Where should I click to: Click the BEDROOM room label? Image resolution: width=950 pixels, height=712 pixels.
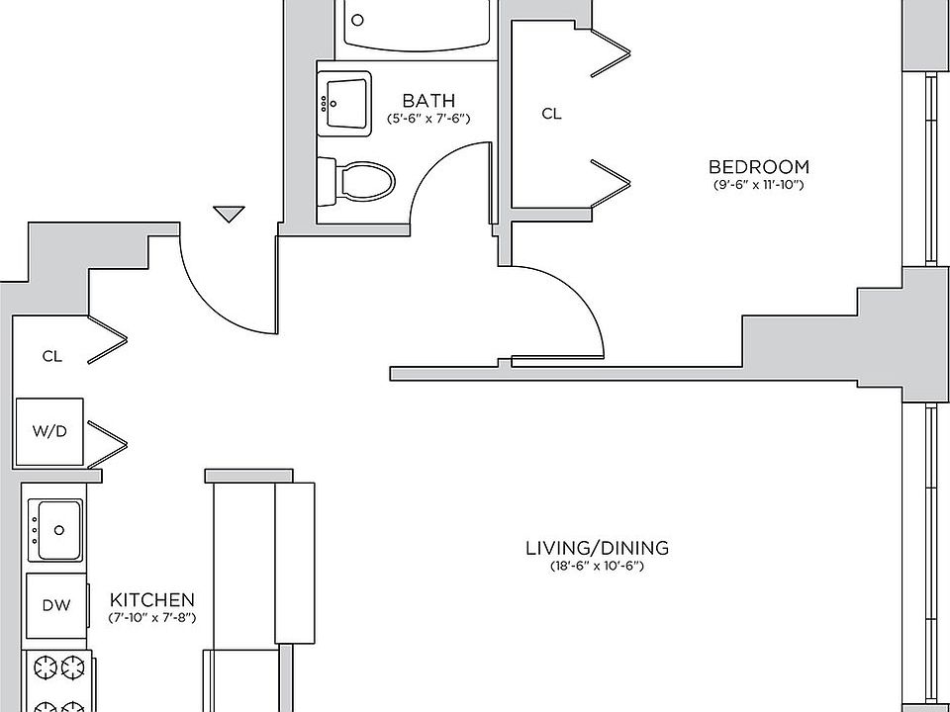click(759, 166)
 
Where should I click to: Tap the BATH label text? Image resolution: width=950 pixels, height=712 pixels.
click(428, 100)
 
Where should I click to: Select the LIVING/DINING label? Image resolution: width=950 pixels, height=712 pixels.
click(597, 547)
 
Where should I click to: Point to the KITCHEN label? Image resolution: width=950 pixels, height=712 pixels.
click(151, 599)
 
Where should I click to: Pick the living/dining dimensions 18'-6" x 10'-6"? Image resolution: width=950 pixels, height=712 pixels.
click(597, 566)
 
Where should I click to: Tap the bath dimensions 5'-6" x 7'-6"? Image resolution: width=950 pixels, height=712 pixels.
click(427, 119)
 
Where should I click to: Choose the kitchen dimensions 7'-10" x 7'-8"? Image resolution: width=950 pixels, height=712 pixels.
click(151, 618)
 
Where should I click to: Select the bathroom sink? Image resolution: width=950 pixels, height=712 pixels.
click(342, 100)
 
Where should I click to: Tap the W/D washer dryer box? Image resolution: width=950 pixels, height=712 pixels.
click(49, 431)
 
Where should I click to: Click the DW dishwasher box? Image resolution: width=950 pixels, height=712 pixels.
click(55, 604)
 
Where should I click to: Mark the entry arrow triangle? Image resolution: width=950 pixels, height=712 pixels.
click(229, 213)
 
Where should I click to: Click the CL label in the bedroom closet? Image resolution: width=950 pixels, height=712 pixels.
click(551, 114)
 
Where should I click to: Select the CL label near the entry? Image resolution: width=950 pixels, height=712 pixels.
click(51, 356)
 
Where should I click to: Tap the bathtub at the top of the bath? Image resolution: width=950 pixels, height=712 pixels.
click(417, 25)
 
